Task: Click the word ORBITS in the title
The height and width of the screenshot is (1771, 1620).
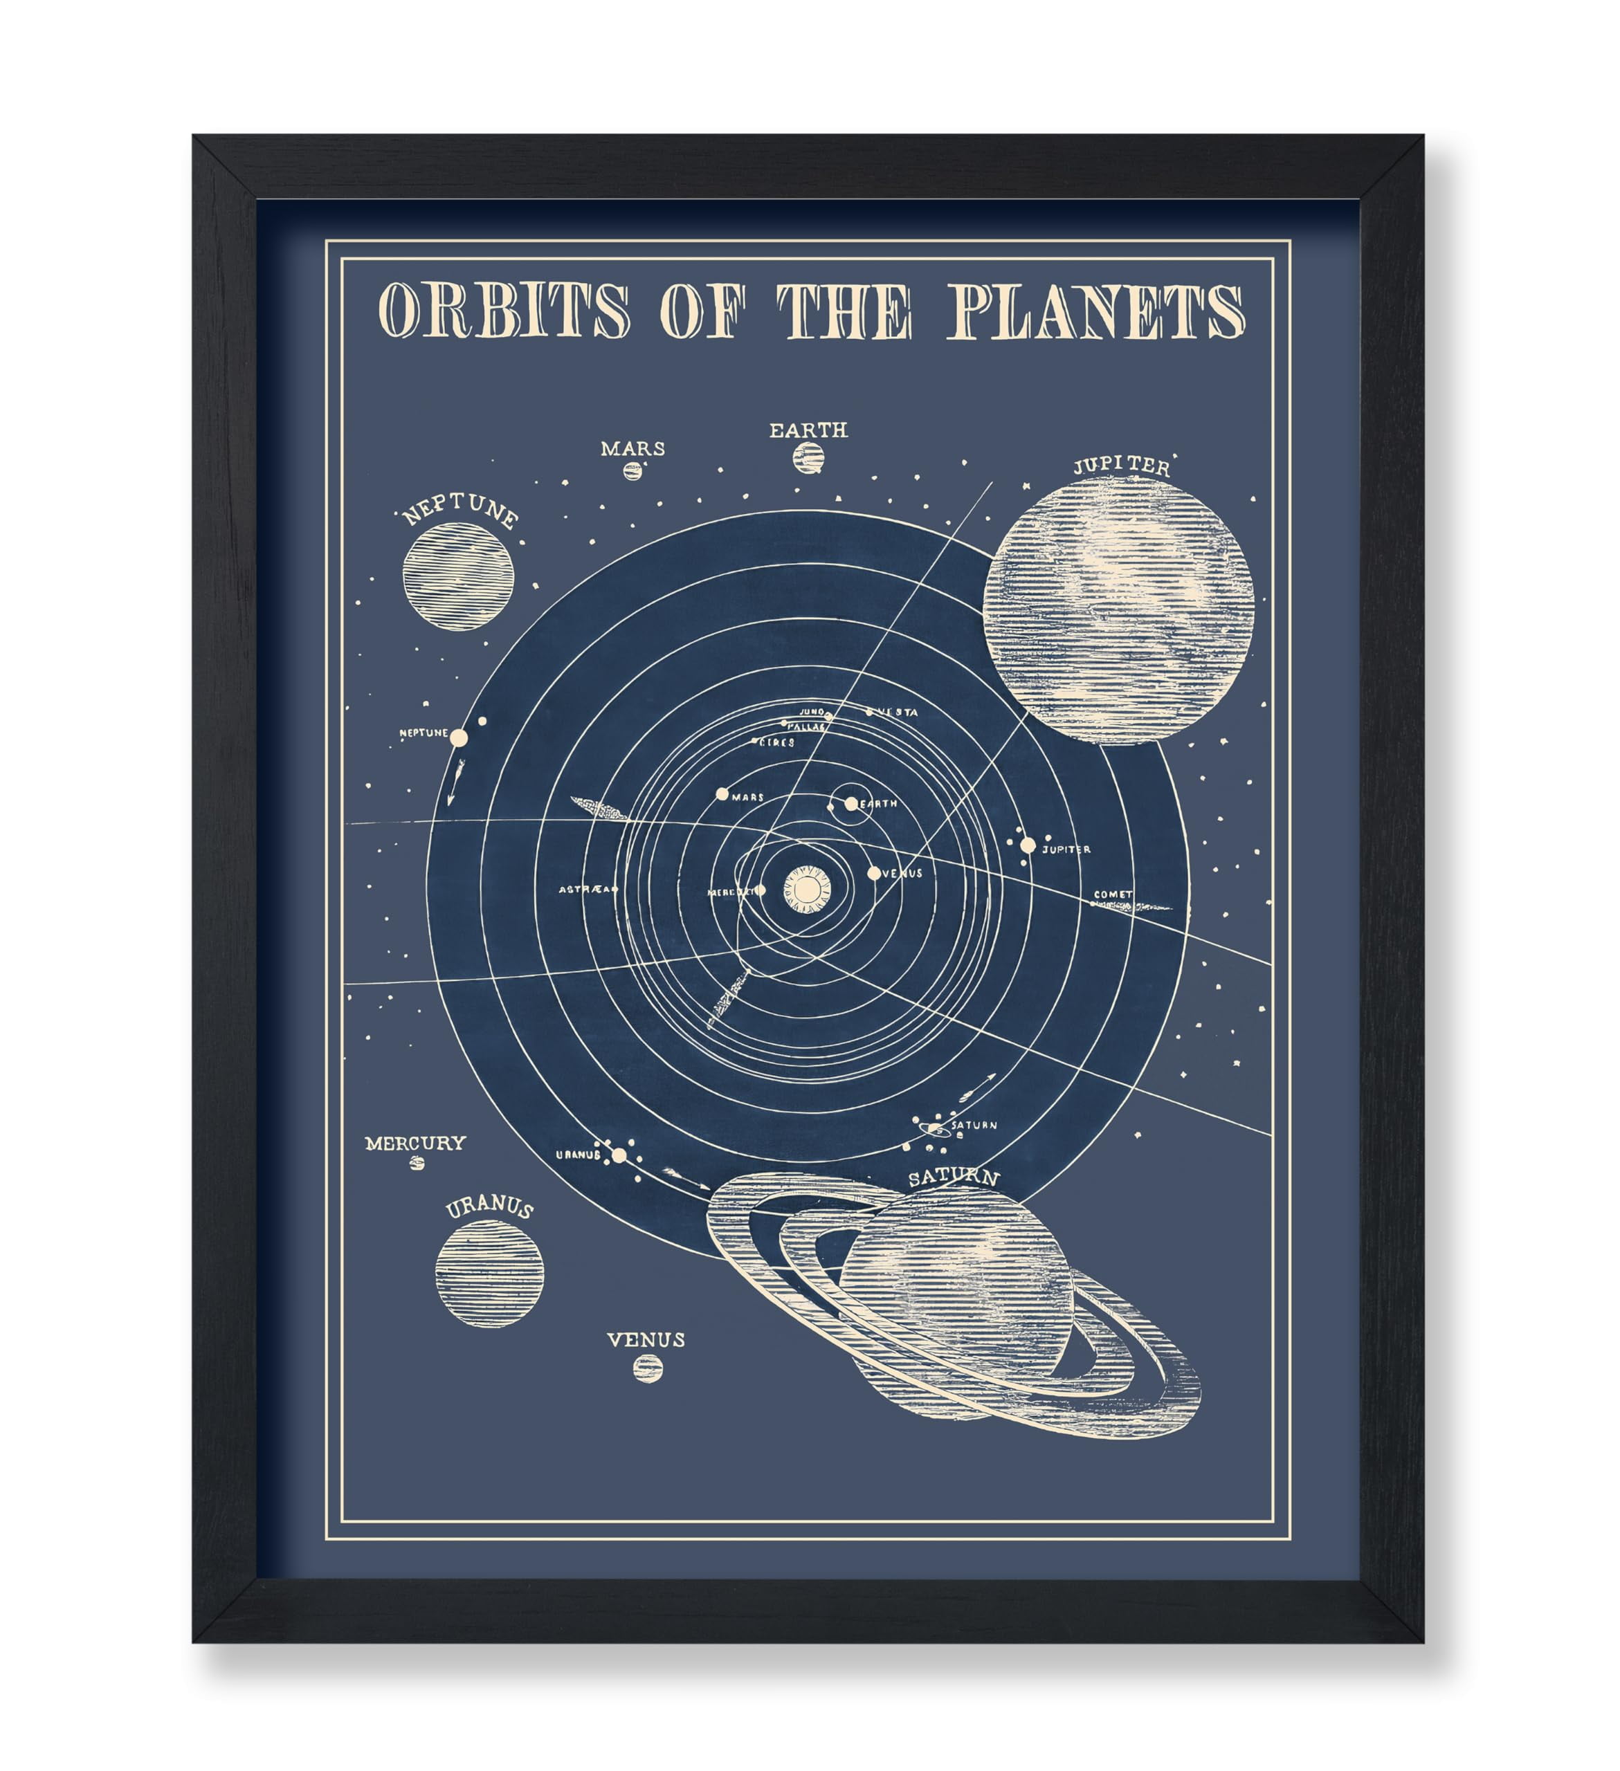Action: tap(504, 311)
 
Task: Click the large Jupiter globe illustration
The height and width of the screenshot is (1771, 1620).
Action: tap(1118, 612)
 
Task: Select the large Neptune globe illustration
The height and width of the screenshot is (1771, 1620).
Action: tap(457, 576)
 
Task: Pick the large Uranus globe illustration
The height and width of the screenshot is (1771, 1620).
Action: tap(489, 1273)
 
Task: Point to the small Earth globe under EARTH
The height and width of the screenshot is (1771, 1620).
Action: tap(808, 457)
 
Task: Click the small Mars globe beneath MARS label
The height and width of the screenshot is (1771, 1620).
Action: tap(632, 471)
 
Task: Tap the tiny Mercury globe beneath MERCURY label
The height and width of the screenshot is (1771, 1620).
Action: tap(417, 1162)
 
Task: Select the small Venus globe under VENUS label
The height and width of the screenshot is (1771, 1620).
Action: tap(648, 1368)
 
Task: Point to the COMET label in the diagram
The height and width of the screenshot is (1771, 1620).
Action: tap(1112, 894)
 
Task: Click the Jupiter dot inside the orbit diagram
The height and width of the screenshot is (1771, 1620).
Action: tap(1027, 845)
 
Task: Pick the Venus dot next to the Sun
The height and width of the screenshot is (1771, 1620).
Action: tap(873, 873)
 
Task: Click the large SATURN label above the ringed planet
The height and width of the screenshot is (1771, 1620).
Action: tap(953, 1178)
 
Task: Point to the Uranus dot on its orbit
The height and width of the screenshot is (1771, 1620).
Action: tap(619, 1155)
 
